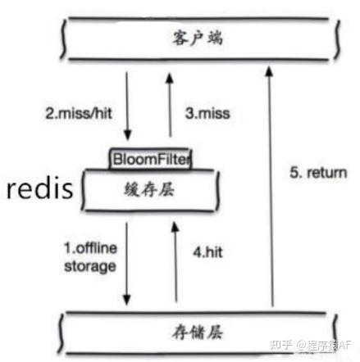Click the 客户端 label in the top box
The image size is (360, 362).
pos(197,38)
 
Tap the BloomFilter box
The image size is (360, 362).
pos(150,159)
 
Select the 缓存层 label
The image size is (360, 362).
pos(149,189)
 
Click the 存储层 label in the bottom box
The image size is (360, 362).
pos(198,333)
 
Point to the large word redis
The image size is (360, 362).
pos(40,188)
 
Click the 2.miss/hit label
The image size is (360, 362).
pos(79,113)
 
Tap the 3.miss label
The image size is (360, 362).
pos(207,113)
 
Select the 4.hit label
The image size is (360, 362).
pos(207,252)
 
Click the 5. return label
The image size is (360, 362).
pos(318,173)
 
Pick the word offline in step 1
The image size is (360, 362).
pos(97,248)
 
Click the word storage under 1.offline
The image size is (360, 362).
pos(90,266)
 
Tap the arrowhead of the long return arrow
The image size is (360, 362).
pos(269,71)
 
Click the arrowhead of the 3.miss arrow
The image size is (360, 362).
pos(170,78)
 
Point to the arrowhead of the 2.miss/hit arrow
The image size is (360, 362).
pos(128,135)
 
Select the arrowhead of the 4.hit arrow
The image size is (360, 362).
pos(175,227)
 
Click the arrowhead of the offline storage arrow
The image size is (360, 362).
pos(126,301)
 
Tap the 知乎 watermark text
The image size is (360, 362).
pos(280,345)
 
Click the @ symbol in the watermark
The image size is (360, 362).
pos(301,346)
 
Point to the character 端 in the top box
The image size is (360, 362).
pos(215,38)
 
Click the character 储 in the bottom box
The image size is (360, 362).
pos(198,333)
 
